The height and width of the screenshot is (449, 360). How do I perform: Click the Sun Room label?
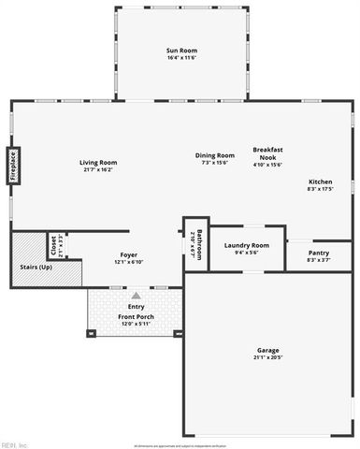181,51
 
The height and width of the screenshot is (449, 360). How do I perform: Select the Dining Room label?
214,155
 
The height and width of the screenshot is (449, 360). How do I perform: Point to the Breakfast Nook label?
268,154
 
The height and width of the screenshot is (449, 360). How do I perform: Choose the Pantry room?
319,253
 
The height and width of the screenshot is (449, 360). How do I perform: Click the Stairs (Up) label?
36,268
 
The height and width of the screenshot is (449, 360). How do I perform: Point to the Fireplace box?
14,166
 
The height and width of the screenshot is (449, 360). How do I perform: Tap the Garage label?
267,351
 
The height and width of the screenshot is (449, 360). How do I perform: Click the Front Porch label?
137,316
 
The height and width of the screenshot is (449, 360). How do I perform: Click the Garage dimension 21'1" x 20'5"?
267,358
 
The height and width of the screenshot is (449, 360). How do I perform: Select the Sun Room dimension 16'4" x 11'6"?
181,58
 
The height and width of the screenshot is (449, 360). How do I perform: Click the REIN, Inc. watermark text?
17,443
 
